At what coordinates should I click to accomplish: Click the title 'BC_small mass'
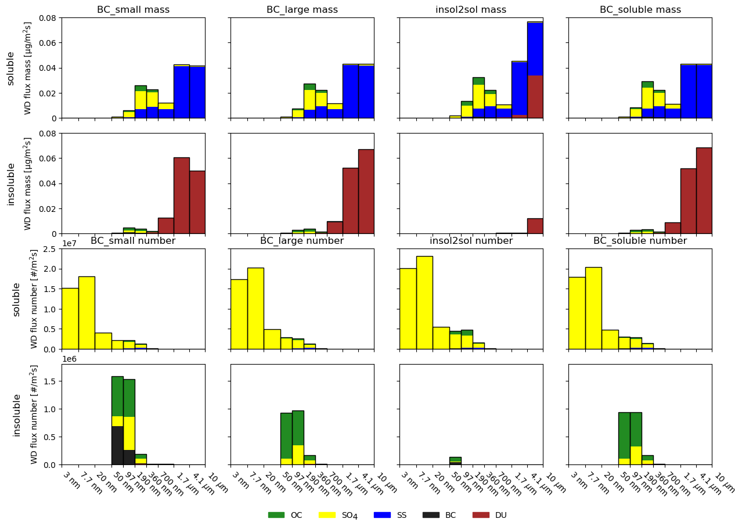coord(133,10)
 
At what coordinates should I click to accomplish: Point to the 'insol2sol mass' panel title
coord(471,10)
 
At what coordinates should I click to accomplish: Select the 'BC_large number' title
coord(302,241)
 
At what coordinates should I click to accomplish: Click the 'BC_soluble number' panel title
coord(640,241)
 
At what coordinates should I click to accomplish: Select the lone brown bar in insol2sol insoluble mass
coord(535,226)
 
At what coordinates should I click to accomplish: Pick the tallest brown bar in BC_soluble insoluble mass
coord(704,190)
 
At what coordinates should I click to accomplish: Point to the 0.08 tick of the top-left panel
coord(48,18)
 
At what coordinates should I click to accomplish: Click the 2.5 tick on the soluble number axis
coord(49,249)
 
